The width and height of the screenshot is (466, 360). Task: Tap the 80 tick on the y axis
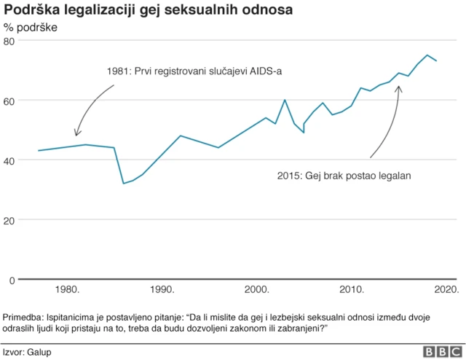click(x=9, y=41)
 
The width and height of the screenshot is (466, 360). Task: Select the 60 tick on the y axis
click(x=9, y=101)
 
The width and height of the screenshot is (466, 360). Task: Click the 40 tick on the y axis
click(x=9, y=160)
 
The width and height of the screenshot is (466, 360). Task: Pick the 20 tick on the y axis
click(x=9, y=220)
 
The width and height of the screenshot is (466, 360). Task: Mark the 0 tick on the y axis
click(x=12, y=280)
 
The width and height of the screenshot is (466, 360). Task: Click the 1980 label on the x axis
click(x=68, y=290)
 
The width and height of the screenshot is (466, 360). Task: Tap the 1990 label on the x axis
click(x=162, y=290)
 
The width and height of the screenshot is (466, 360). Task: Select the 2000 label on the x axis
click(x=257, y=290)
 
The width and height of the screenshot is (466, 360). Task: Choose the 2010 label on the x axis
click(x=352, y=290)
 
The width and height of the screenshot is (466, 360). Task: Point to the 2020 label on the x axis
click(x=444, y=290)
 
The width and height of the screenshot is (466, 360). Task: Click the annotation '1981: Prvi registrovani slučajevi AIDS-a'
click(x=195, y=71)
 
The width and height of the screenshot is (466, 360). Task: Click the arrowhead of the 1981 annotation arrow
click(x=76, y=135)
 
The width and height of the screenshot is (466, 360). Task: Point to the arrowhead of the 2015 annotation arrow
click(x=398, y=87)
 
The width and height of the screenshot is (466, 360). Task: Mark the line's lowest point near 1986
click(x=124, y=183)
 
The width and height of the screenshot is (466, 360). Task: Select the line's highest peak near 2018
click(x=427, y=55)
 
